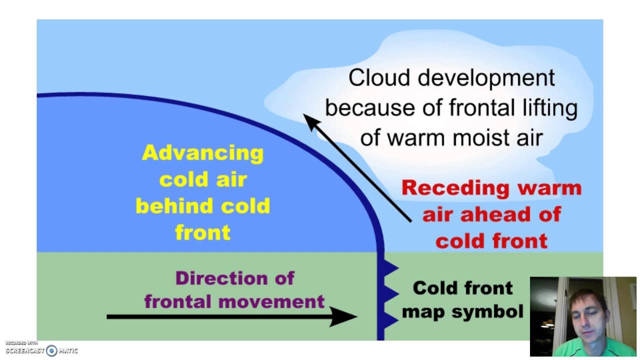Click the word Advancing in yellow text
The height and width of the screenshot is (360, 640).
(202, 153)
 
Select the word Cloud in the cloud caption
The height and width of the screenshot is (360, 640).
(380, 78)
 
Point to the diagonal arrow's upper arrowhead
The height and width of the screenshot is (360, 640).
(311, 121)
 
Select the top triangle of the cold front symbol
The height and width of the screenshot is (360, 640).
(390, 269)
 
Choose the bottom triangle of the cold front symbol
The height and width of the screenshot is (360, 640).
(390, 318)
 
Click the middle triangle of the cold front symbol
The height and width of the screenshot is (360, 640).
(390, 293)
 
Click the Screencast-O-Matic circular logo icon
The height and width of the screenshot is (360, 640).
(51, 350)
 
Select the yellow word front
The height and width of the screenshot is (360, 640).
(202, 232)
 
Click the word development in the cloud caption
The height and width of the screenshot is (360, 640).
(486, 78)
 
